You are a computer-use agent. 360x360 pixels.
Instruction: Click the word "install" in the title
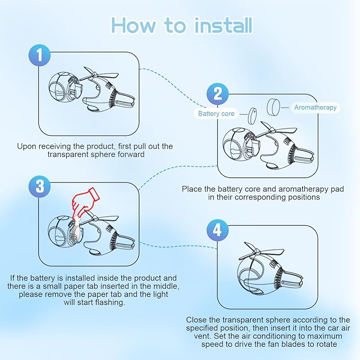(223, 25)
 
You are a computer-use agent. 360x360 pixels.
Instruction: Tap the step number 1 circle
(40, 55)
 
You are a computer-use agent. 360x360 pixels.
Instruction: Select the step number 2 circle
(218, 94)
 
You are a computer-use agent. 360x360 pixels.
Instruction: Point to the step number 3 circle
(40, 187)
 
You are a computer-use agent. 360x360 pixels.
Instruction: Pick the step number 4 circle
(217, 230)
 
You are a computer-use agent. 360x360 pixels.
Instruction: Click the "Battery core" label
(216, 113)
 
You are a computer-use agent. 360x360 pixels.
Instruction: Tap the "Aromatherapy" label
(315, 107)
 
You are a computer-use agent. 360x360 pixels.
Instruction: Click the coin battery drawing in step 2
(252, 116)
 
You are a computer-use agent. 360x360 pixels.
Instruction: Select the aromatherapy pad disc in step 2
(274, 107)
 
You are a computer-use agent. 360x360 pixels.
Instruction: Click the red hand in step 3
(85, 202)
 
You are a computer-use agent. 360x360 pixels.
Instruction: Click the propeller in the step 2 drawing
(277, 129)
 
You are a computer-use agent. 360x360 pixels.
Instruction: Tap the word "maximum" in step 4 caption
(325, 336)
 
